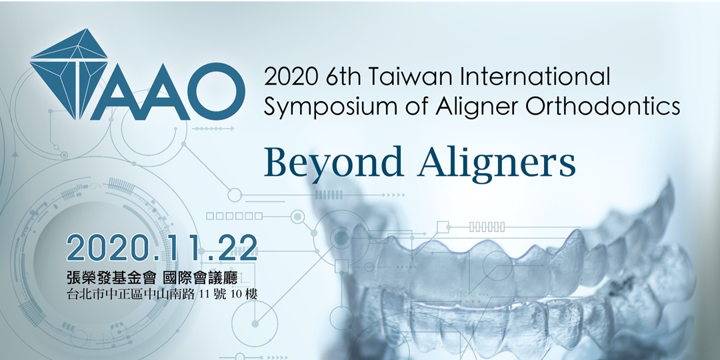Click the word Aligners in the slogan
tap(497, 164)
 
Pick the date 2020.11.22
tap(161, 248)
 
